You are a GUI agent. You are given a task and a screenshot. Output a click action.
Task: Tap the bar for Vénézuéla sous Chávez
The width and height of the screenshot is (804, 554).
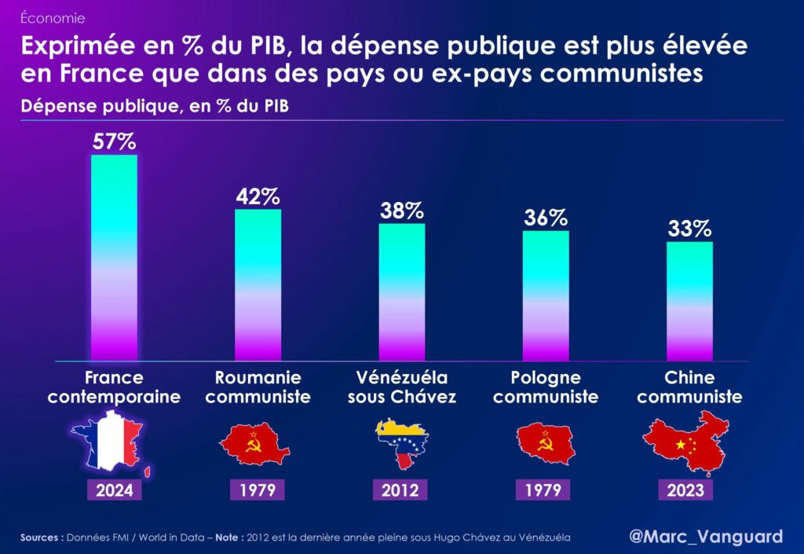402,292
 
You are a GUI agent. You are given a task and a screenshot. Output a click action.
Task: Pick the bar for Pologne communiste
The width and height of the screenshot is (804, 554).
546,295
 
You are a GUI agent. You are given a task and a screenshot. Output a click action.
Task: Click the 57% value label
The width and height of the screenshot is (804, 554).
114,142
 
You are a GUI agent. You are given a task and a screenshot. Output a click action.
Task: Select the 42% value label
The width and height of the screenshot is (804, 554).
258,196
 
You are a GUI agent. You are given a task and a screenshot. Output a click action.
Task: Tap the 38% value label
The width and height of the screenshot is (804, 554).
402,211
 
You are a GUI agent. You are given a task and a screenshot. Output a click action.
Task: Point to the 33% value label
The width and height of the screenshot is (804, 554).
689,229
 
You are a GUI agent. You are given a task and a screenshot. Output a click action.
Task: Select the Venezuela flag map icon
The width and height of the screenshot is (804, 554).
402,445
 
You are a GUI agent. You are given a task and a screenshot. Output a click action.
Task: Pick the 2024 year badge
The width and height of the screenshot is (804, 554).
114,490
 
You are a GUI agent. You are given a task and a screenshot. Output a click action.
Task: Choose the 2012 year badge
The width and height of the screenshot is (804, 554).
402,490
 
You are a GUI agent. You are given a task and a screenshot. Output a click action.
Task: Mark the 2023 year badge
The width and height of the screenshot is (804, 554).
689,490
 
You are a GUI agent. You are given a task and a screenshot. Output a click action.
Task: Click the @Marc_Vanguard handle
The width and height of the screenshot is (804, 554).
706,537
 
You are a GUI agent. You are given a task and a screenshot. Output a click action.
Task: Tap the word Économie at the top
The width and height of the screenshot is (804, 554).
53,17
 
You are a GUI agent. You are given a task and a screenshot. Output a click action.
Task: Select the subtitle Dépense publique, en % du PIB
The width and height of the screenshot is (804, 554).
155,106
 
